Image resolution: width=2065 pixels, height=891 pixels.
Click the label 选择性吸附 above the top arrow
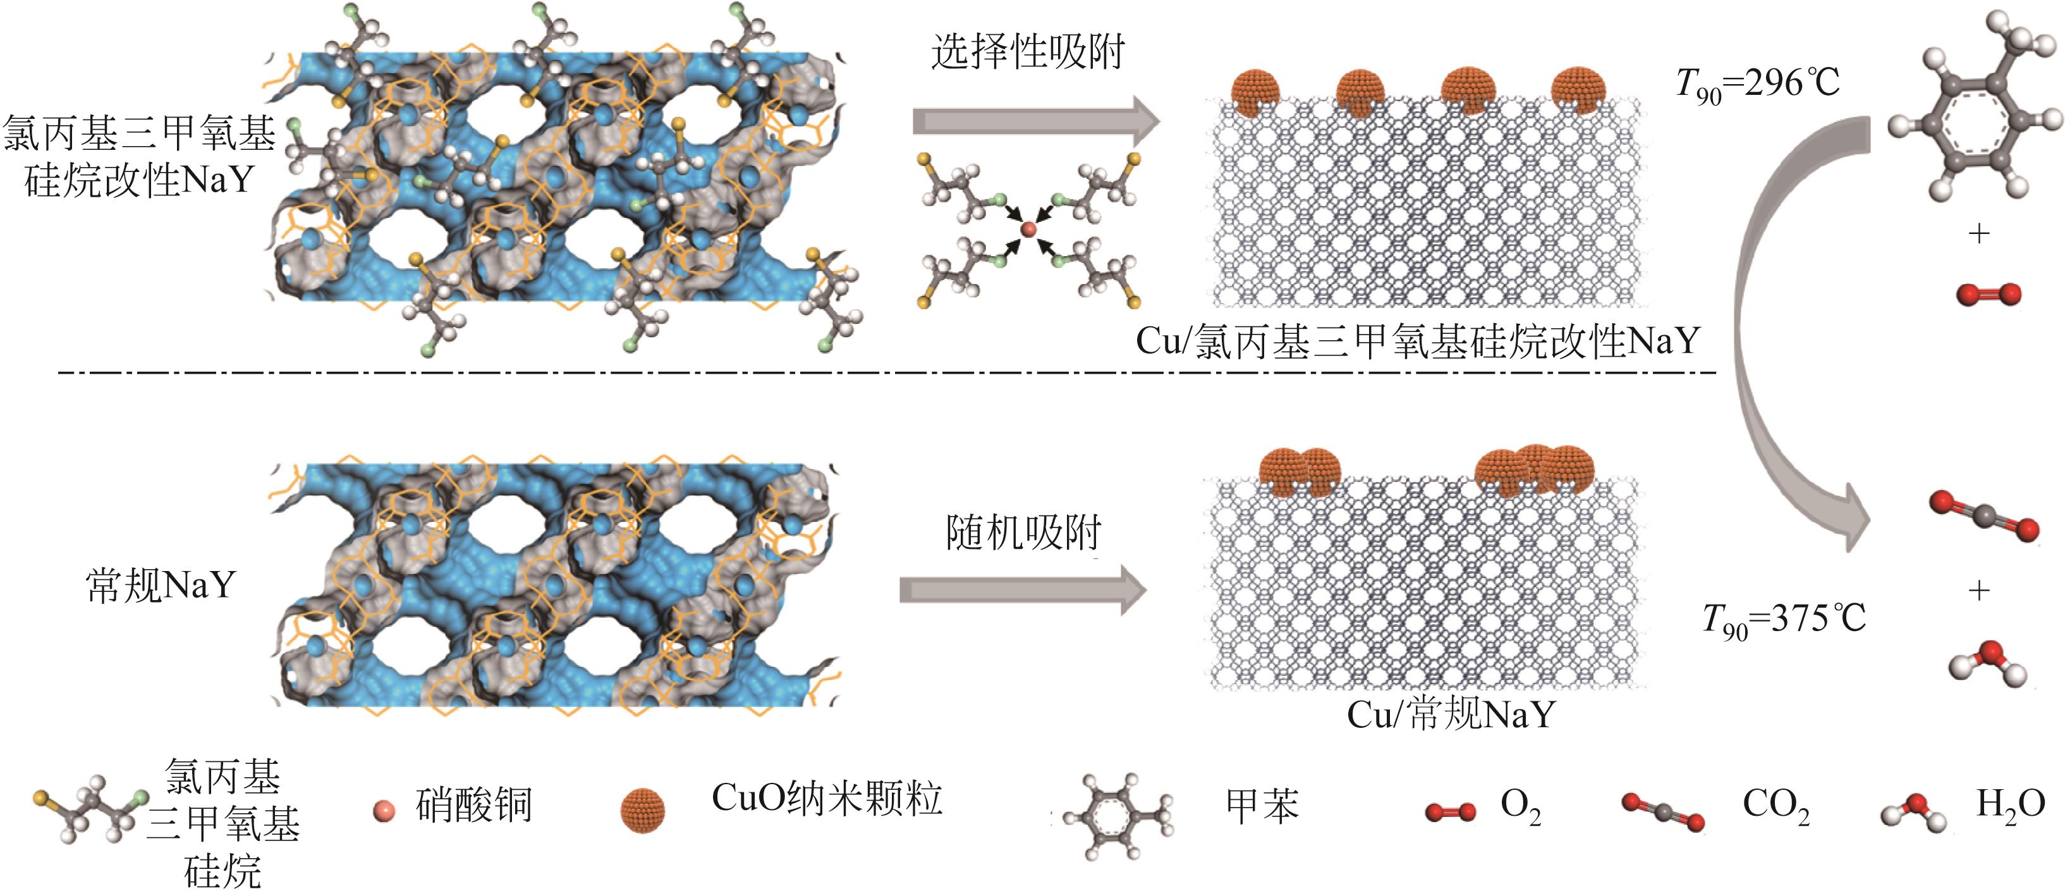click(1028, 53)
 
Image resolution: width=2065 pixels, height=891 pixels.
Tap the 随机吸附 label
click(1024, 532)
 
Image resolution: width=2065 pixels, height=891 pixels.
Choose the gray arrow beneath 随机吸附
click(1022, 590)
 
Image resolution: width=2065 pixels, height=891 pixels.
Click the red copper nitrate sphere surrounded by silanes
click(1028, 230)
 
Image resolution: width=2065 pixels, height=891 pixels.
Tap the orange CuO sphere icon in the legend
click(642, 810)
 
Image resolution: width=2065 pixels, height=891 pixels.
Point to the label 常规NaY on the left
click(161, 586)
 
